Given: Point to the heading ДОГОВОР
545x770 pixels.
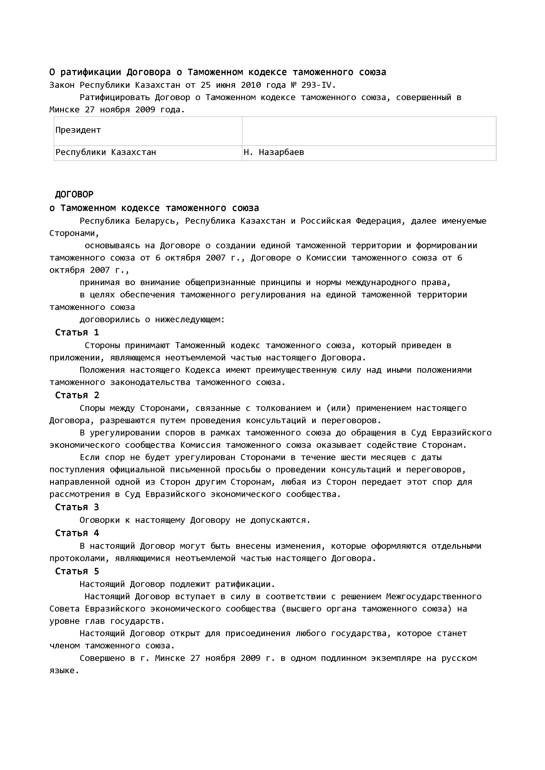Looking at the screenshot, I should coord(74,194).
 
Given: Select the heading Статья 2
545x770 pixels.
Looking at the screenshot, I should coord(77,395).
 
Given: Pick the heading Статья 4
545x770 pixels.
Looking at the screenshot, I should coord(77,533).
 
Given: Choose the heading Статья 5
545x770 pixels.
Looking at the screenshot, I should coord(77,571).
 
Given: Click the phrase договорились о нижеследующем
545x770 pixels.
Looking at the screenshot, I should coord(152,320).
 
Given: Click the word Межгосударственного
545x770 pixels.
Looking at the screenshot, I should coord(434,597).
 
